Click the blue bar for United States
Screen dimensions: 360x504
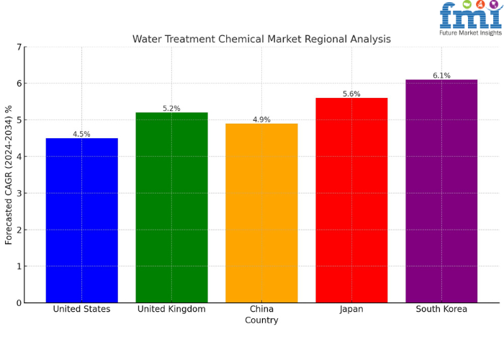[x=81, y=220]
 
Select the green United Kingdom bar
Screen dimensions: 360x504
[x=171, y=207]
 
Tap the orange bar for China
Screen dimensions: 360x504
[x=261, y=212]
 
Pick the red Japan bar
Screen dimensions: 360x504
[x=351, y=200]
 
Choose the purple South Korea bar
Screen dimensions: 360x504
[x=441, y=191]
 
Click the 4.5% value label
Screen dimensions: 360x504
[x=81, y=134]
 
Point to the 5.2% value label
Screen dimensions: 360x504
[x=171, y=109]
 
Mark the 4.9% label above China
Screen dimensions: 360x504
[x=261, y=120]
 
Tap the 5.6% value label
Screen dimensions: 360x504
[x=351, y=94]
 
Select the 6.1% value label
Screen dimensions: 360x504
[x=441, y=76]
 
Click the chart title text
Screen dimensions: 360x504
[x=261, y=39]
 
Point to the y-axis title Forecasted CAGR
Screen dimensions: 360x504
[x=9, y=175]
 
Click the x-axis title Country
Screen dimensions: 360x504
[x=261, y=320]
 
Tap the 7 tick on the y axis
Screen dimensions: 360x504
[x=19, y=48]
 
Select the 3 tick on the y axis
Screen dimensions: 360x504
[x=19, y=194]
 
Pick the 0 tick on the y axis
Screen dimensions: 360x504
[x=19, y=303]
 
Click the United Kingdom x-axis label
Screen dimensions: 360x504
[x=171, y=309]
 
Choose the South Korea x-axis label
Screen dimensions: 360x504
[x=441, y=309]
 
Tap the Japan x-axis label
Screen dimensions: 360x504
[x=351, y=309]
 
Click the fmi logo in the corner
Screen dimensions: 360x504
[x=469, y=16]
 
